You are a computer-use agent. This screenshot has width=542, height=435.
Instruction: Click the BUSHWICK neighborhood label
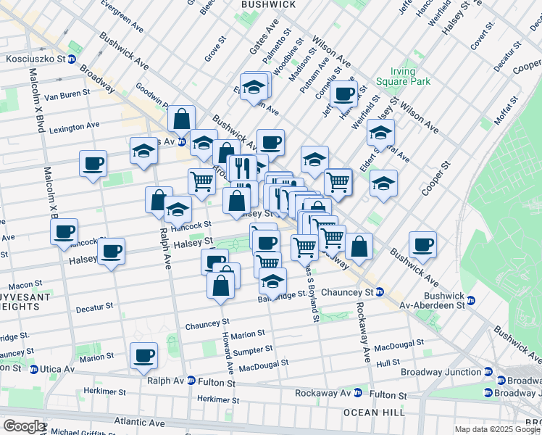pyautogui.click(x=268, y=4)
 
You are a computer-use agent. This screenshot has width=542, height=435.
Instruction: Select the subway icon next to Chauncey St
pyautogui.click(x=380, y=292)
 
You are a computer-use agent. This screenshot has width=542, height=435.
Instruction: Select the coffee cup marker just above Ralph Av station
pyautogui.click(x=143, y=355)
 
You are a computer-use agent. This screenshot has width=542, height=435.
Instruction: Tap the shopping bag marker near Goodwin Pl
pyautogui.click(x=181, y=118)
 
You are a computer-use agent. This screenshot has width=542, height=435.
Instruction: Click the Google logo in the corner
pyautogui.click(x=23, y=426)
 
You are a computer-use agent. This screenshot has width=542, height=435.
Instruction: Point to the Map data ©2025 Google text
pyautogui.click(x=497, y=429)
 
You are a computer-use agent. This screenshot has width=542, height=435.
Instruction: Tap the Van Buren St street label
pyautogui.click(x=67, y=94)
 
